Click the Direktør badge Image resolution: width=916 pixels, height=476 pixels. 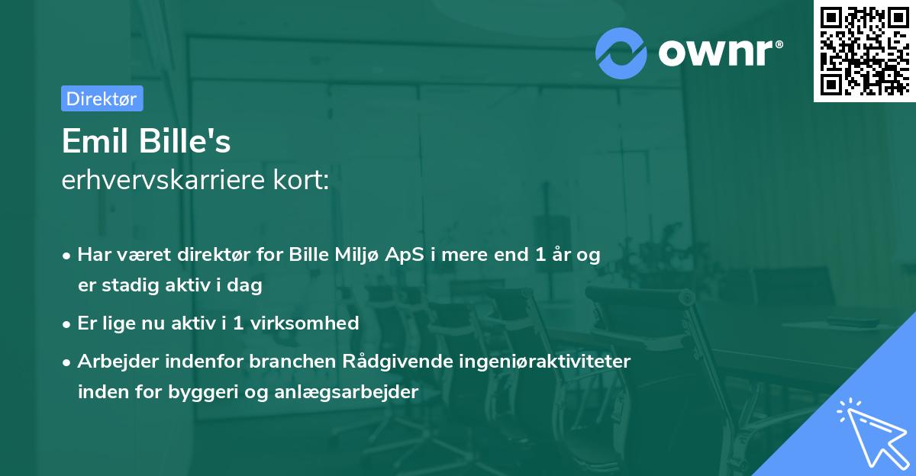click(102, 98)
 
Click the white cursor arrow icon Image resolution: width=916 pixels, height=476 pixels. click(871, 435)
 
